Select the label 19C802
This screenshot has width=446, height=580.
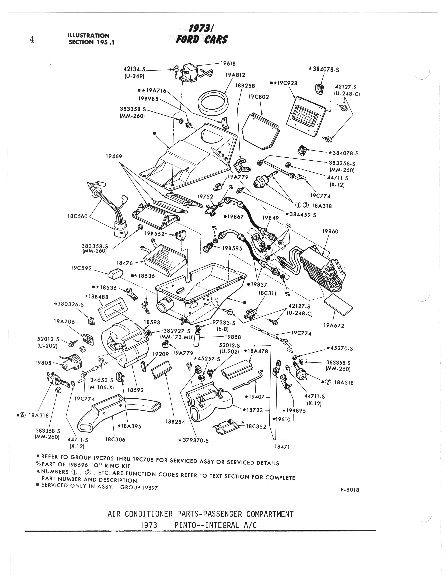(x=259, y=97)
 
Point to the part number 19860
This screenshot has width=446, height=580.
(x=330, y=231)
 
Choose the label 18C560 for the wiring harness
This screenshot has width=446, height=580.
(x=77, y=216)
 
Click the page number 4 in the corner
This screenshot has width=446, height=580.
(x=32, y=40)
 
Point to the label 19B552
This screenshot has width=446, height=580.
(x=154, y=234)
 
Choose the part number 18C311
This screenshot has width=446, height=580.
(x=267, y=293)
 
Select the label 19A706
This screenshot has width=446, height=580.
(x=64, y=322)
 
